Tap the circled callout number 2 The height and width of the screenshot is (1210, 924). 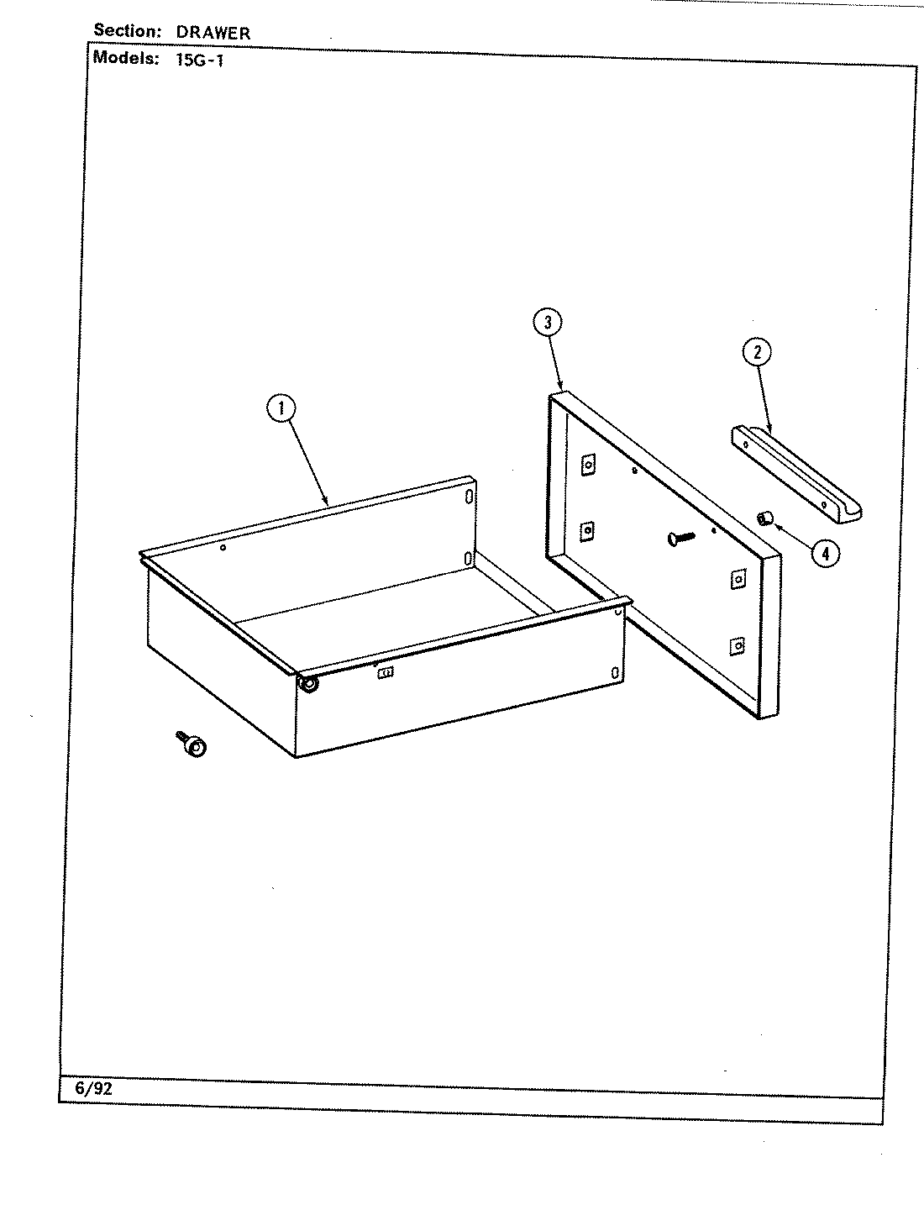pyautogui.click(x=756, y=352)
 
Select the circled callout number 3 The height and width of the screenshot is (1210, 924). pyautogui.click(x=547, y=322)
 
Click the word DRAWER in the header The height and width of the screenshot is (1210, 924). pyautogui.click(x=213, y=33)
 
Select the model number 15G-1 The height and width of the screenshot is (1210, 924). pyautogui.click(x=200, y=60)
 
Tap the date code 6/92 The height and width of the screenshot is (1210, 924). pyautogui.click(x=93, y=1088)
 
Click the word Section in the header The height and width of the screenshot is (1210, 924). pyautogui.click(x=127, y=31)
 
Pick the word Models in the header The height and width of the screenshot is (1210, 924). pyautogui.click(x=125, y=58)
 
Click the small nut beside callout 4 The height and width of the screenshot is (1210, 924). pyautogui.click(x=764, y=518)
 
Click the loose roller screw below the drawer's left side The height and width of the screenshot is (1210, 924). pyautogui.click(x=192, y=744)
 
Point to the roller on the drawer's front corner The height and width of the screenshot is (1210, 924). pyautogui.click(x=309, y=684)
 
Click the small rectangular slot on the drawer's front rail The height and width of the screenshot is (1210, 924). pyautogui.click(x=386, y=673)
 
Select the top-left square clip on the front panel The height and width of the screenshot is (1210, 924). pyautogui.click(x=588, y=463)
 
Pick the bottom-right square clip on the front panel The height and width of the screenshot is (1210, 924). pyautogui.click(x=737, y=645)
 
